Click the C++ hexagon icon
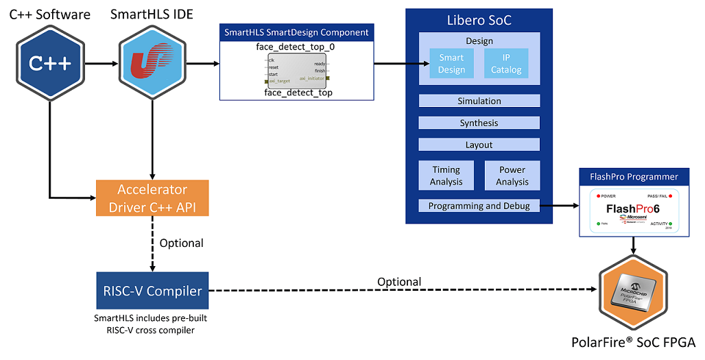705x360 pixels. pos(50,64)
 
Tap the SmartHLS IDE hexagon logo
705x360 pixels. pos(152,64)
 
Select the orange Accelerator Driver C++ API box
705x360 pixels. pos(152,198)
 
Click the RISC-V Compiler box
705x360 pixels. pos(152,291)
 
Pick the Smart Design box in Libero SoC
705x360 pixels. pos(451,64)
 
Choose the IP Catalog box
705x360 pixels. pos(506,64)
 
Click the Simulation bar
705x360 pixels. pos(479,101)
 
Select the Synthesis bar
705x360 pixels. pos(479,123)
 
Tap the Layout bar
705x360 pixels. pos(479,145)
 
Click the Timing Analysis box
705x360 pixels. pos(446,176)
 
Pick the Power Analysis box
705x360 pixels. pos(512,176)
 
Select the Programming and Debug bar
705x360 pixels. pos(479,206)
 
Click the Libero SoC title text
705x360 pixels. pos(479,21)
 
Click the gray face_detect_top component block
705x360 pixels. pos(297,71)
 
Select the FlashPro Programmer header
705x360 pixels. pos(634,177)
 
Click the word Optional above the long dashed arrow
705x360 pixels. pos(399,282)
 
